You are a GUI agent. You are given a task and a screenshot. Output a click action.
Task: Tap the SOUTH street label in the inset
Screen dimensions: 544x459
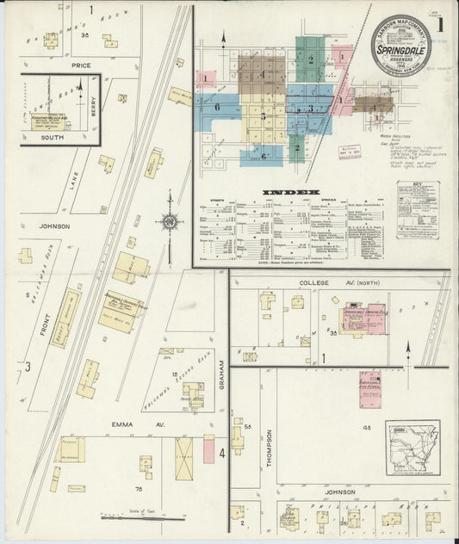tap(47, 138)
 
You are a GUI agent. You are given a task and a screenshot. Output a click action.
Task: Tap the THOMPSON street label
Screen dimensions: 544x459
tap(270, 448)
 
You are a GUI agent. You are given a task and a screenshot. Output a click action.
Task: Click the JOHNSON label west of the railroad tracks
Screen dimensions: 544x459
tap(54, 226)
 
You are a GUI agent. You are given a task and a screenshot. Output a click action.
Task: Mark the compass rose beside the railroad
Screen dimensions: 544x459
tap(169, 221)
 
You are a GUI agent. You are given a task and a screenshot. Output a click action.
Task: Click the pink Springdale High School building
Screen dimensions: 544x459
tap(369, 384)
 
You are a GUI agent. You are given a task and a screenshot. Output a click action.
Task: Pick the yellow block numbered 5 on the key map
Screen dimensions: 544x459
tap(264, 116)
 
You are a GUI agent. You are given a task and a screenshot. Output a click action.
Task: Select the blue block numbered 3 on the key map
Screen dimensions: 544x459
tap(309, 108)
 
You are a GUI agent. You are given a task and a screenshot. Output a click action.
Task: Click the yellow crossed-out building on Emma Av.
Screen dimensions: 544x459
tap(184, 458)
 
